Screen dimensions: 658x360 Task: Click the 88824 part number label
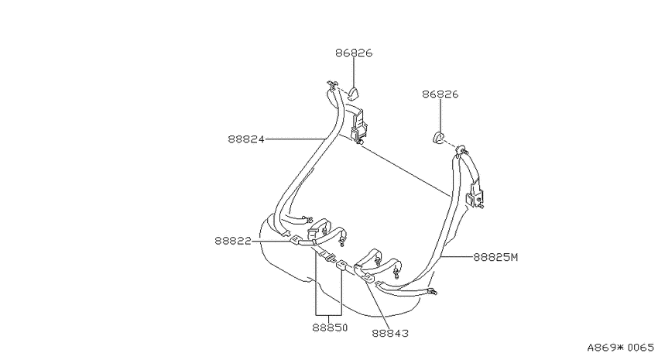pos(246,139)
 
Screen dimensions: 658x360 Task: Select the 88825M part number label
pos(495,257)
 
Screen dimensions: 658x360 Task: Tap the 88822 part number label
pos(233,241)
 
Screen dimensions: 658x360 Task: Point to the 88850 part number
pos(330,327)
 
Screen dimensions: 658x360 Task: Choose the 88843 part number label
pos(390,333)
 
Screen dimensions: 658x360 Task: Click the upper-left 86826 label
pos(354,53)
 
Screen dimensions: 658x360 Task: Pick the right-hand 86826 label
pos(440,94)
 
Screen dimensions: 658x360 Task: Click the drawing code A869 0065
pos(620,348)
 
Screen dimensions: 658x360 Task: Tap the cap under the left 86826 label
pos(354,93)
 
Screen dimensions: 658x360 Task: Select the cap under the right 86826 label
pos(438,137)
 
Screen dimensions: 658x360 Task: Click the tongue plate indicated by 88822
pos(296,240)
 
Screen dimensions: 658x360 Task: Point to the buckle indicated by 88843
pos(368,277)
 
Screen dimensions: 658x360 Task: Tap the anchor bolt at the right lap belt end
pos(433,291)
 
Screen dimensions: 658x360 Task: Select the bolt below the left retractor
pos(359,143)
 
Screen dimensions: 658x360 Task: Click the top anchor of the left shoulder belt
pos(332,86)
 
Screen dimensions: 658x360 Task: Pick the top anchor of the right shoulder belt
pos(462,150)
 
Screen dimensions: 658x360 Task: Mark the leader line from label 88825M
pos(458,256)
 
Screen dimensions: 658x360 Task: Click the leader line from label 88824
pos(296,139)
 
